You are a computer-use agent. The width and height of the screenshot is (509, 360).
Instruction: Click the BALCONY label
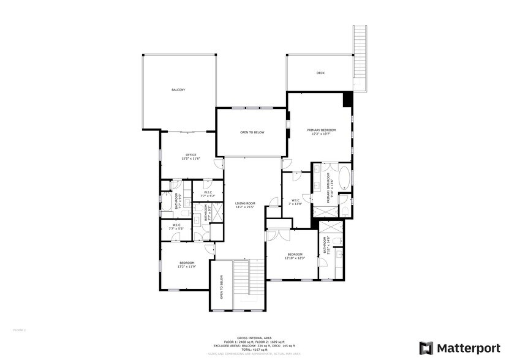pos(178,90)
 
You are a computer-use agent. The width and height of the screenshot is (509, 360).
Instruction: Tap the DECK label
pos(320,73)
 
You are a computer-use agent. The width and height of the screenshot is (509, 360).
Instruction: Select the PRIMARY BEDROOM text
pos(322,130)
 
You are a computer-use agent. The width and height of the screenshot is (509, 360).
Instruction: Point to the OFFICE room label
pos(190,155)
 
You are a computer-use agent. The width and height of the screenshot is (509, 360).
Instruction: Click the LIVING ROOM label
pos(244,203)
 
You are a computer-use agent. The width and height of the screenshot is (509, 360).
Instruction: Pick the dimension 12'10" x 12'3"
pos(294,258)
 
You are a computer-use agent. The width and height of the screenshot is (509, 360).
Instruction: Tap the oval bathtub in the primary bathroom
pos(344,178)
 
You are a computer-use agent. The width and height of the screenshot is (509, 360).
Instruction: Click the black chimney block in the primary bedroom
pos(348,99)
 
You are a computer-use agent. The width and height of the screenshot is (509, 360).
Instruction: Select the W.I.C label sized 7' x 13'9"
pos(295,202)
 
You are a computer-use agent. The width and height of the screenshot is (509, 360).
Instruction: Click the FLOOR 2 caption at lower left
pos(20,329)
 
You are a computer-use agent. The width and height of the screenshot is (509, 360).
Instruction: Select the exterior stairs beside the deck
pos(359,58)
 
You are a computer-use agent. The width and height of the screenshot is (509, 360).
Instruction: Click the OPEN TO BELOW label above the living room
pos(252,132)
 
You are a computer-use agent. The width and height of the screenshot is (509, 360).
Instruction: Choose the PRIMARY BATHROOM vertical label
pos(329,187)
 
